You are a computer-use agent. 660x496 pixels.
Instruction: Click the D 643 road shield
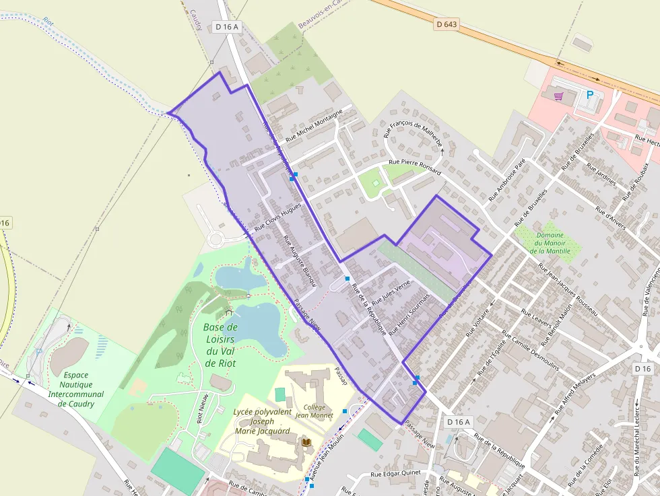(x=447, y=24)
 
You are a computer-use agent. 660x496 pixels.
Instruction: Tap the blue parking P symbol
(x=590, y=96)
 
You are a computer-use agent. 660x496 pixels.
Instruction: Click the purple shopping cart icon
(x=558, y=96)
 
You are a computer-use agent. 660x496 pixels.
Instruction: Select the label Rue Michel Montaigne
(x=314, y=125)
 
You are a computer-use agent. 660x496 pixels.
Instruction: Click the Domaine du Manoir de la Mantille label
(x=550, y=243)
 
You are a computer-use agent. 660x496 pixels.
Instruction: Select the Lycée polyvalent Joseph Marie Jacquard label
(x=261, y=421)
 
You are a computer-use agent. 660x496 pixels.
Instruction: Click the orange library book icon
(x=306, y=441)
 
